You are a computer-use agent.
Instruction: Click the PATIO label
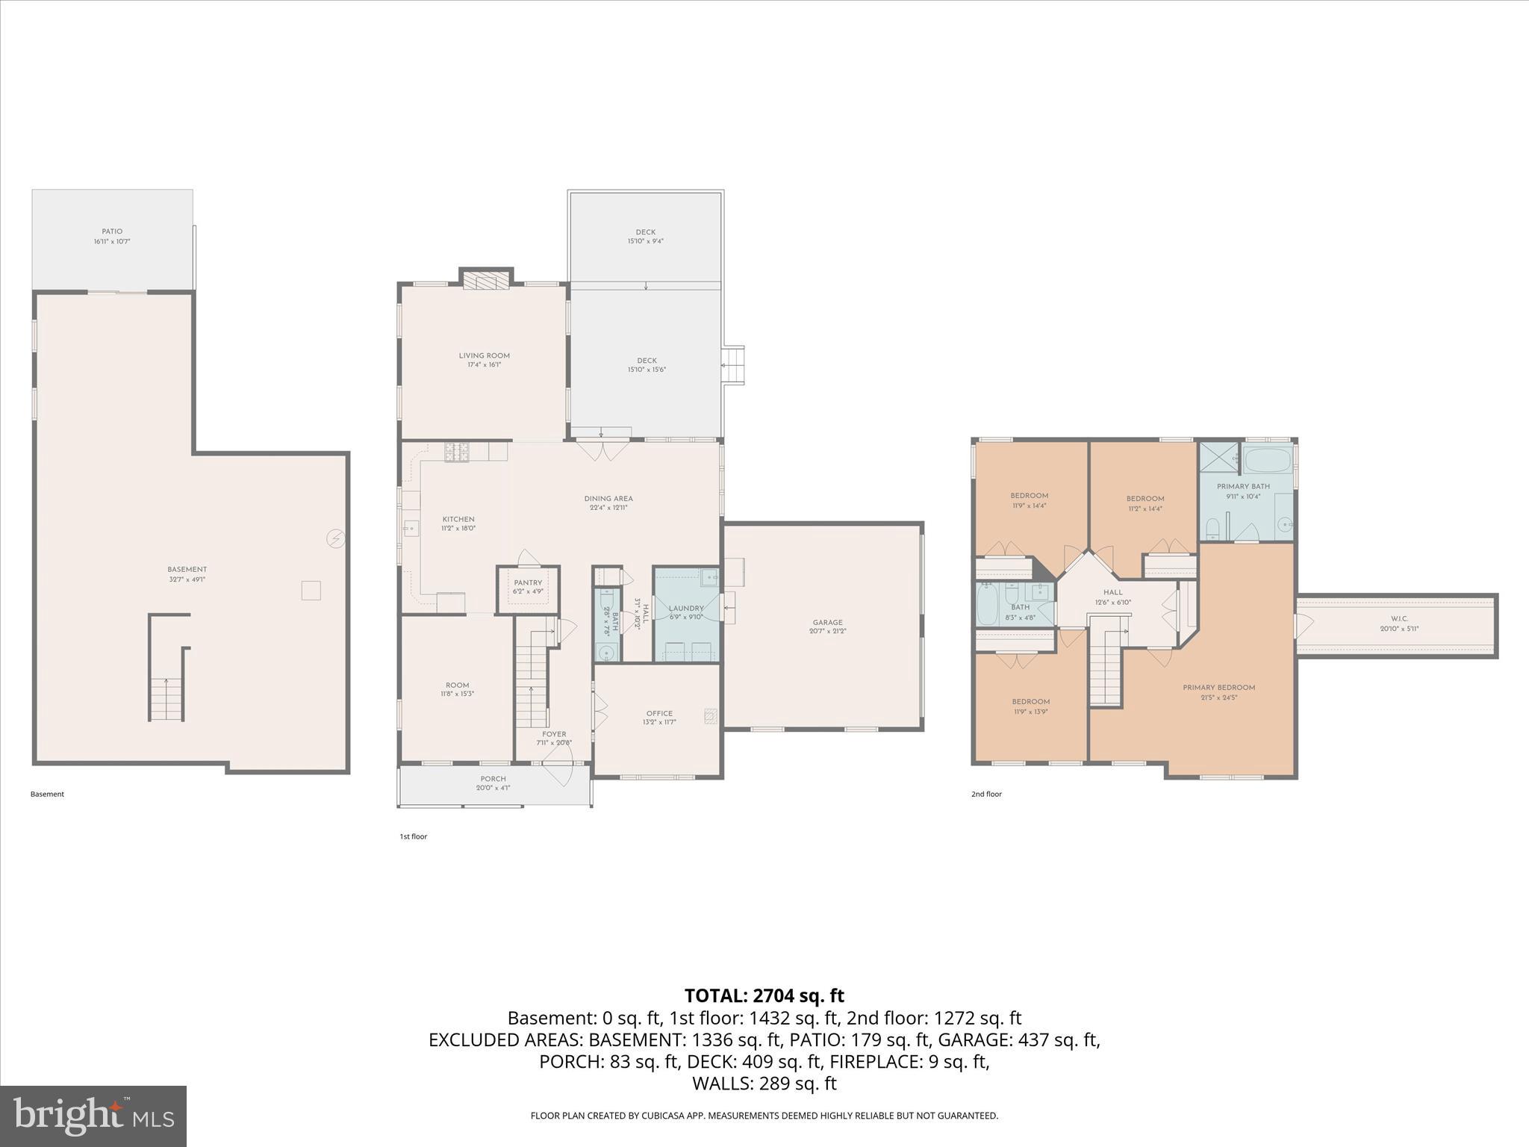point(112,231)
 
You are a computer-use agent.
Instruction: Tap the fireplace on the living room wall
point(485,280)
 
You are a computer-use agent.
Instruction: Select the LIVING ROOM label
point(484,355)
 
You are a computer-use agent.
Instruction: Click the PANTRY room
point(528,588)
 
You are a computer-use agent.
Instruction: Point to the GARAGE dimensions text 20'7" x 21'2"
point(827,632)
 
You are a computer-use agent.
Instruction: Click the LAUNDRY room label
point(686,609)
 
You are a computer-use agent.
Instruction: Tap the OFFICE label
point(659,713)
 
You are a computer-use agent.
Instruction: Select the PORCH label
point(493,779)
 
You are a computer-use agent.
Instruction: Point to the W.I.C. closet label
point(1399,619)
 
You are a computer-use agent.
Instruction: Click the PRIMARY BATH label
point(1243,486)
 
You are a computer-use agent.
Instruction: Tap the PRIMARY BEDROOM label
point(1218,688)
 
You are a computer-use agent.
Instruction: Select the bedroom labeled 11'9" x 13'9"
point(1030,706)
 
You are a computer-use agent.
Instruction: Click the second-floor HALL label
point(1112,592)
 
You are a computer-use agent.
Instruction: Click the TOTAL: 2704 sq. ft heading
point(764,995)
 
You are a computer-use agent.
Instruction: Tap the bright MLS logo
point(93,1116)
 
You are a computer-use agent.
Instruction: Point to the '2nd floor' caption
point(986,794)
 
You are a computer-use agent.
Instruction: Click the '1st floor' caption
point(413,836)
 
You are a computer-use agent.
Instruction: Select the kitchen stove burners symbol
point(457,452)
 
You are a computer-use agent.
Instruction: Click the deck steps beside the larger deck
point(735,365)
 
